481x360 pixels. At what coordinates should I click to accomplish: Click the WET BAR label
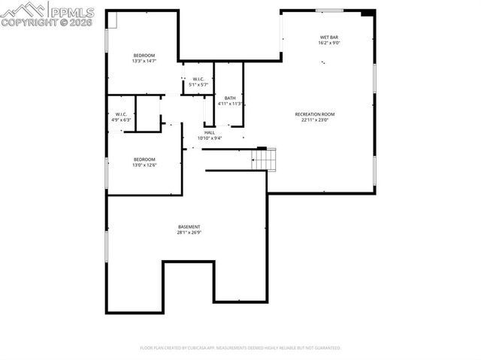[x=328, y=37]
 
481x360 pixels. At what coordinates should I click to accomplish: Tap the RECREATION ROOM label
[x=314, y=114]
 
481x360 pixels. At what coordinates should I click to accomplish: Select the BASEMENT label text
[x=189, y=227]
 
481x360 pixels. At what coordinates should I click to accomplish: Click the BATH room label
[x=229, y=98]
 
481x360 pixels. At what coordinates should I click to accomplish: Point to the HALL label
[x=209, y=132]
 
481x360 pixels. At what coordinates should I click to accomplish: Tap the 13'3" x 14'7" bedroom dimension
[x=144, y=61]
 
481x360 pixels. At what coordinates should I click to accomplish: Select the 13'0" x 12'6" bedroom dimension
[x=144, y=165]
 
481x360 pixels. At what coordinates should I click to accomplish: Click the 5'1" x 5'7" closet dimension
[x=198, y=84]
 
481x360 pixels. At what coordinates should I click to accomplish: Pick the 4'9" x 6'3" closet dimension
[x=121, y=119]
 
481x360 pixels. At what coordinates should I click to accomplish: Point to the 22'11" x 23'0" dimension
[x=314, y=119]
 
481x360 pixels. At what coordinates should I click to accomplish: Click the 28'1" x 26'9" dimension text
[x=189, y=232]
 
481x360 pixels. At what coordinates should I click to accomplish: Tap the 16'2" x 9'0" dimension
[x=328, y=42]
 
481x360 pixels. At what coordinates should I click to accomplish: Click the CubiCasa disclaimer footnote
[x=240, y=348]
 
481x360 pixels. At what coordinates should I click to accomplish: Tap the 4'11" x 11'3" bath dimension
[x=229, y=104]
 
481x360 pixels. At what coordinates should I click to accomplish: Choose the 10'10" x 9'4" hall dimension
[x=209, y=138]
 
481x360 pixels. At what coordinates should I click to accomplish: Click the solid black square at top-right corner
[x=367, y=13]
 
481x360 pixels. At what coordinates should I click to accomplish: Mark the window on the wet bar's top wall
[x=329, y=10]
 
